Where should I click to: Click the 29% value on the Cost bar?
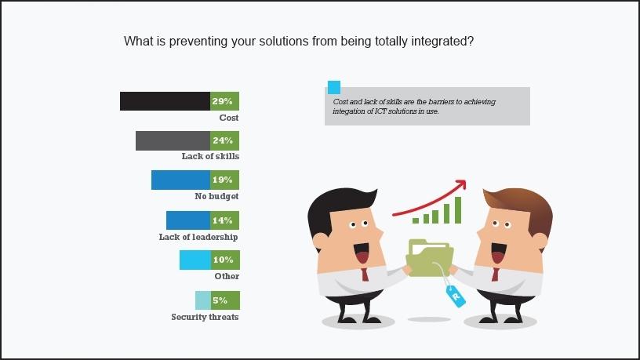coord(223,101)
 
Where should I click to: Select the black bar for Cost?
coord(165,101)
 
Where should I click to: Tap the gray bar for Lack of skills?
coord(173,141)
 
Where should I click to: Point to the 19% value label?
coord(223,180)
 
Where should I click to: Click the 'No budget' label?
coord(216,196)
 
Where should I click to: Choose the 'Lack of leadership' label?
coord(198,237)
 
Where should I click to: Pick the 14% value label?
coord(223,220)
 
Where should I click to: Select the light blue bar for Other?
coord(195,260)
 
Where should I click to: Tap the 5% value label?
coord(220,300)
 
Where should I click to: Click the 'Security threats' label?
coord(205,317)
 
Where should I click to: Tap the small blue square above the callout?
coord(334,87)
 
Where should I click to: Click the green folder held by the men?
coord(429,258)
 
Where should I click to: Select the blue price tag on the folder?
coord(456,296)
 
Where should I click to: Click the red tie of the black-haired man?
coord(365,275)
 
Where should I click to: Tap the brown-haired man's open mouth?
coord(498,253)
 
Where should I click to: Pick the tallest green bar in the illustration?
coord(458,210)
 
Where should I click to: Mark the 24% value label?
coord(223,141)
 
